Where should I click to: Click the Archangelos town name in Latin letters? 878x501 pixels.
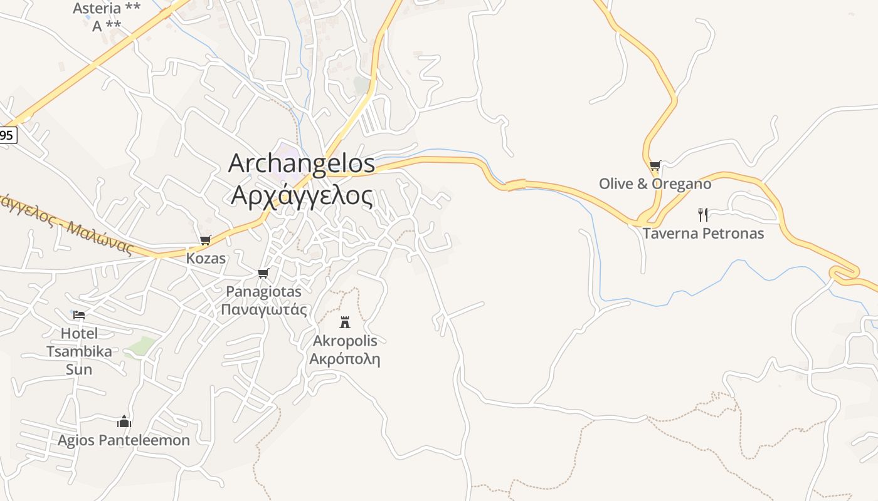pos(302,164)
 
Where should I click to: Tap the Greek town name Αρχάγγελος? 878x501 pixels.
pos(302,195)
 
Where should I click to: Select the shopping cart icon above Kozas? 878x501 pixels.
pos(205,240)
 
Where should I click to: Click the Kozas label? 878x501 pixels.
pos(206,258)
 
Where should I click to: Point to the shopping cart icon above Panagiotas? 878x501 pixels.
pos(263,274)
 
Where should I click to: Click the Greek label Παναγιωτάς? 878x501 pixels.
pos(264,309)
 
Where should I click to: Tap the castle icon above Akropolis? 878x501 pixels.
pos(344,323)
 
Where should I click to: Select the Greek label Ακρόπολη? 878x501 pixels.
pos(345,359)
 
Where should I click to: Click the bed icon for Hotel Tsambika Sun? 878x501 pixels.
pos(79,314)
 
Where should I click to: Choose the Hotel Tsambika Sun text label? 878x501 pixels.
pos(79,351)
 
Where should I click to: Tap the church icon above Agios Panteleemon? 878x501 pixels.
pos(124,421)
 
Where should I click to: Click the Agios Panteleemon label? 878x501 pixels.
pos(124,440)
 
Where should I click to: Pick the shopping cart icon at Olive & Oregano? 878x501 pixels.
pos(655,166)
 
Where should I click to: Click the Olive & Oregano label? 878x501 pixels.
pos(655,184)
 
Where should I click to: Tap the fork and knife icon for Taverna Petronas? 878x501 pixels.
pos(703,215)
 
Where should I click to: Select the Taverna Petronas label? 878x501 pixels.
pos(703,234)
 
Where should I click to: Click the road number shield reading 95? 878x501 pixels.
pos(7,135)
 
